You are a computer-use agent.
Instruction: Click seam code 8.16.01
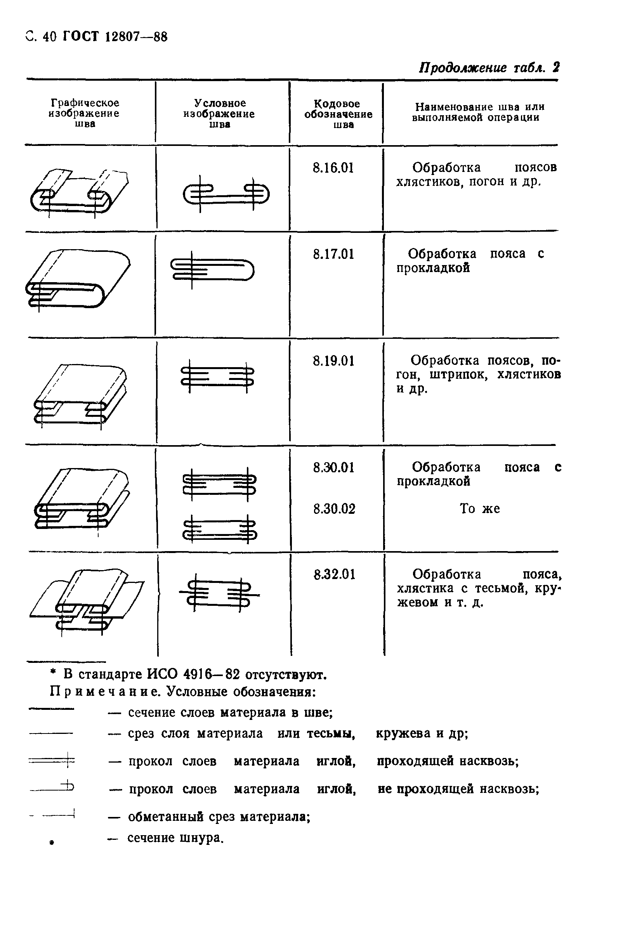point(333,168)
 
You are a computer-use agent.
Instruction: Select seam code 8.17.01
point(333,254)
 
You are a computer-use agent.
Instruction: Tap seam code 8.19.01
point(333,361)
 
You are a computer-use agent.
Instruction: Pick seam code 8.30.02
point(334,509)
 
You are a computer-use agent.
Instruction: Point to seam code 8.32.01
point(334,575)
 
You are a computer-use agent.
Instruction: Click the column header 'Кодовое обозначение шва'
point(338,114)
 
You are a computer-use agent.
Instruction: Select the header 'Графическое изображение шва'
point(85,113)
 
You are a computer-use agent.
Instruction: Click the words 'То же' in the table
point(479,509)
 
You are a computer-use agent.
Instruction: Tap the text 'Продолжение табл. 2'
point(489,68)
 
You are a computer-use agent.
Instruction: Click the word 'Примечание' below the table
point(105,692)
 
